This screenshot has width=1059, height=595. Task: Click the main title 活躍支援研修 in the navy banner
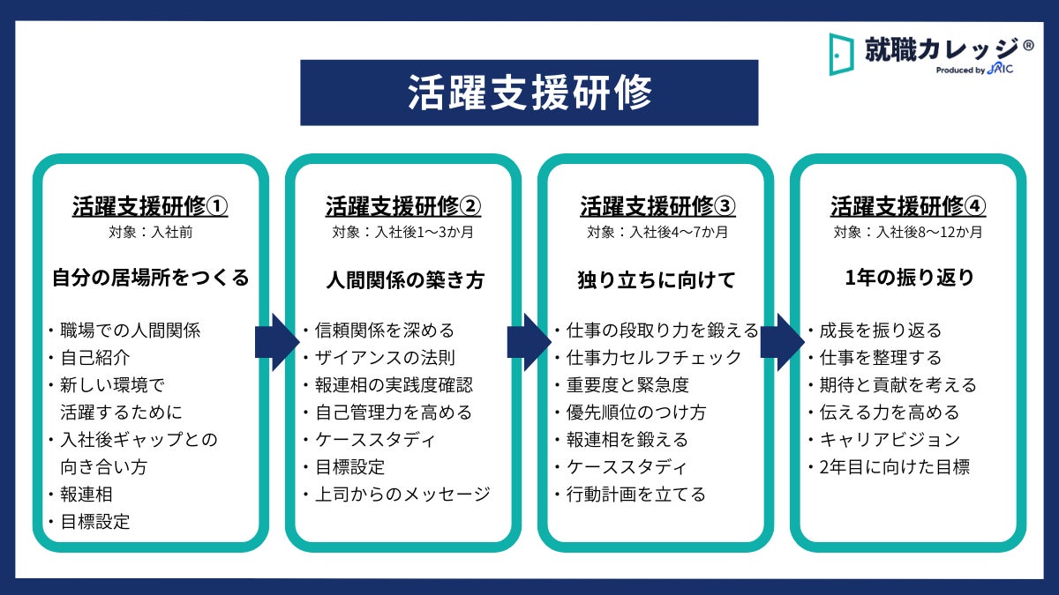coord(529,93)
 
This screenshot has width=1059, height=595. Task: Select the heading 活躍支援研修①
coord(150,206)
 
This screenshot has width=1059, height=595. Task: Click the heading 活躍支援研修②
coord(403,206)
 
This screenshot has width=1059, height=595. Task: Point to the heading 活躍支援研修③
coord(657,206)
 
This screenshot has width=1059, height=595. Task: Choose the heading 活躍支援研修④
coord(908,206)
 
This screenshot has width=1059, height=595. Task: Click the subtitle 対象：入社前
coord(150,233)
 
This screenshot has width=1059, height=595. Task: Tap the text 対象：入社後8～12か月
coord(908,233)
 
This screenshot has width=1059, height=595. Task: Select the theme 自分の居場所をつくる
coord(150,279)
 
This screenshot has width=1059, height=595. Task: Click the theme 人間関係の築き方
coord(405,280)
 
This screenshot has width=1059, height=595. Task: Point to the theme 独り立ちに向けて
coord(657,280)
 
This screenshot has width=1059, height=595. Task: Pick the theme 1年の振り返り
coord(909,279)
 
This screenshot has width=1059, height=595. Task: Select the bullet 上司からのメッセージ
coord(402,494)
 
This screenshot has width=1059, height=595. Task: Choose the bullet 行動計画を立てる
coord(635,494)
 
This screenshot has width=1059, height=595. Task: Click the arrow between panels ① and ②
coord(277,342)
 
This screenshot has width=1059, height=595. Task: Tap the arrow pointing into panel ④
coord(781,342)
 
